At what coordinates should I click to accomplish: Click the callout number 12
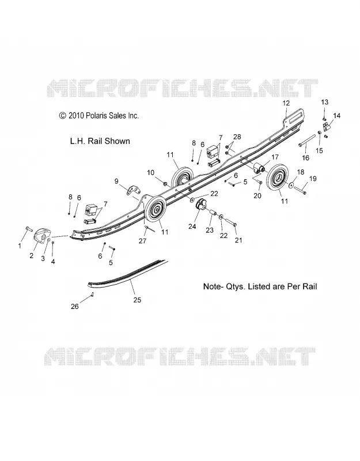tap(286, 103)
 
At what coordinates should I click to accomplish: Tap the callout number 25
tap(137, 300)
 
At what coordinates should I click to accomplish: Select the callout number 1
tap(20, 245)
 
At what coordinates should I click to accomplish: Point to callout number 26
tap(75, 307)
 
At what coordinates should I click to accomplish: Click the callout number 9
tap(116, 181)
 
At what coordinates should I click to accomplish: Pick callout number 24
tap(192, 226)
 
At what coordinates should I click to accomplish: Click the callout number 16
tap(306, 158)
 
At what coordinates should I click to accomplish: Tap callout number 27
tap(142, 241)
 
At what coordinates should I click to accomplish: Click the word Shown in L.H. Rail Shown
tap(118, 141)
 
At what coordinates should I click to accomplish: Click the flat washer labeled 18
tap(291, 185)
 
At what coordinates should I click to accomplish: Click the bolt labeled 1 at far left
tap(28, 228)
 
